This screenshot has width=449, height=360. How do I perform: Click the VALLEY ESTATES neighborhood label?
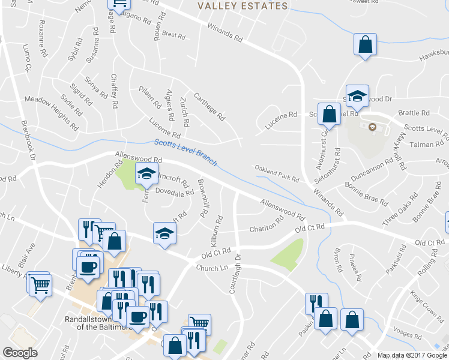pyautogui.click(x=243, y=6)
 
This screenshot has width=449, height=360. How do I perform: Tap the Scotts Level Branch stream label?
pyautogui.click(x=185, y=152)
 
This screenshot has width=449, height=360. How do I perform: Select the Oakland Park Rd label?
pyautogui.click(x=277, y=175)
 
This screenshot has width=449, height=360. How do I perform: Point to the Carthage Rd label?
pyautogui.click(x=208, y=106)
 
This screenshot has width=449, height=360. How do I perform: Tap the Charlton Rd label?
pyautogui.click(x=266, y=227)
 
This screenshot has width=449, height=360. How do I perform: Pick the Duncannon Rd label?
pyautogui.click(x=373, y=168)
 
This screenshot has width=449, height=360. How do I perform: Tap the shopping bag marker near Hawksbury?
pyautogui.click(x=365, y=44)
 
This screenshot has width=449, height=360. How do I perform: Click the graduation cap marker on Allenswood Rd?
pyautogui.click(x=145, y=174)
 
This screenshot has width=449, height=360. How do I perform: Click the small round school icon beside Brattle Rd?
pyautogui.click(x=372, y=127)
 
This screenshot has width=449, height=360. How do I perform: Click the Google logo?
pyautogui.click(x=20, y=353)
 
